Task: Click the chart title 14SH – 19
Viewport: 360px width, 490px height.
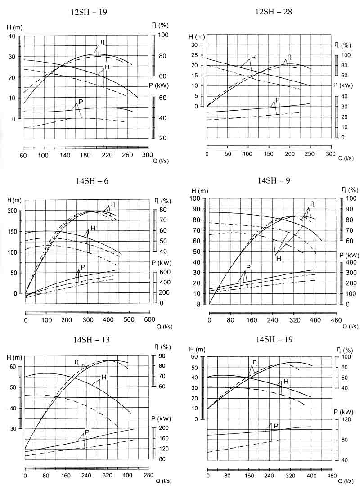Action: tap(274, 339)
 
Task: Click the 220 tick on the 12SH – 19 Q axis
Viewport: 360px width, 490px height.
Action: tap(107, 155)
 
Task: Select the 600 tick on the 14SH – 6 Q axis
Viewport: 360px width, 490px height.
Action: tap(149, 319)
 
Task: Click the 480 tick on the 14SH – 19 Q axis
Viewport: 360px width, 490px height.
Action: tap(333, 476)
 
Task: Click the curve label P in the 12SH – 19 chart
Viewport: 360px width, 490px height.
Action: tap(81, 102)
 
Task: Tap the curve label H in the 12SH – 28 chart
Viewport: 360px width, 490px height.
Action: tap(253, 58)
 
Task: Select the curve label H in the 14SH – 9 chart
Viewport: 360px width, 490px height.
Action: tap(279, 259)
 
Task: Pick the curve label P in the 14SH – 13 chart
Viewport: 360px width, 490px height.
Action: tap(87, 432)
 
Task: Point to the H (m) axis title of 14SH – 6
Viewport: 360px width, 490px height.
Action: tap(14, 200)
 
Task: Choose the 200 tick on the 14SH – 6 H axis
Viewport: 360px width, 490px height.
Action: tap(13, 211)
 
